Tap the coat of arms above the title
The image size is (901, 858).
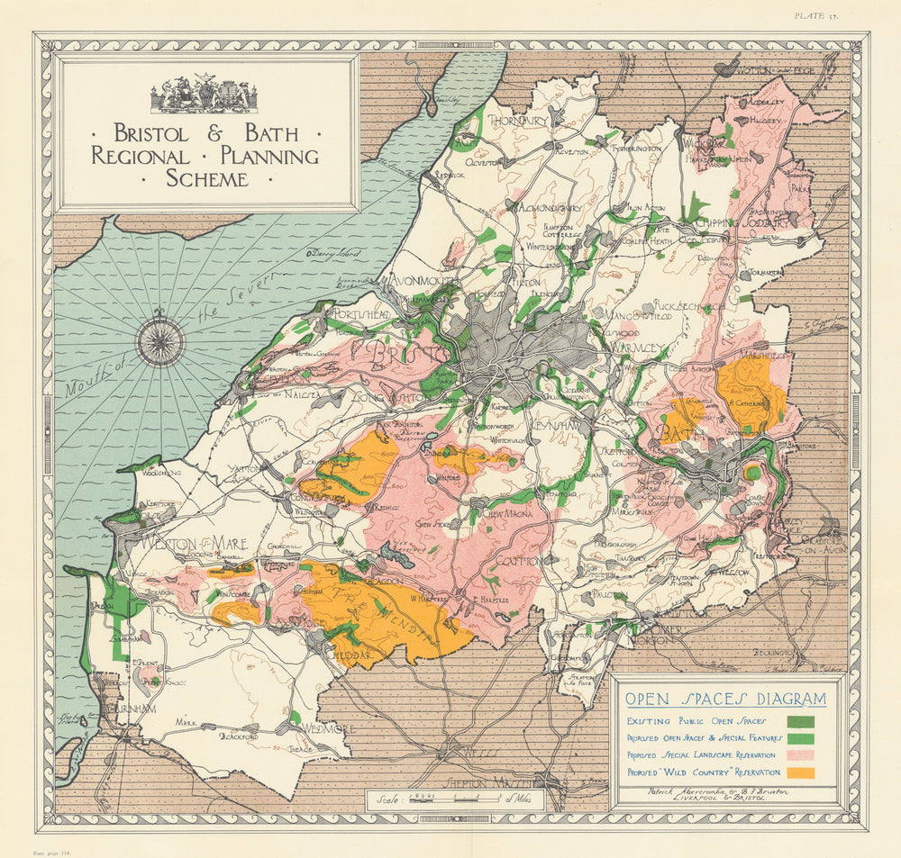(204, 94)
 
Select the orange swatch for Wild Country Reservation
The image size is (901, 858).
(800, 772)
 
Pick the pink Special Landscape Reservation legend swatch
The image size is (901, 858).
(800, 754)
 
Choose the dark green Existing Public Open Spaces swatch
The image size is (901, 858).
(800, 720)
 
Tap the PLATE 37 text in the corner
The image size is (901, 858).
(816, 15)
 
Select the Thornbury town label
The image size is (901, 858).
(517, 120)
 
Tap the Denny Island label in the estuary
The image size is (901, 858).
(330, 256)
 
